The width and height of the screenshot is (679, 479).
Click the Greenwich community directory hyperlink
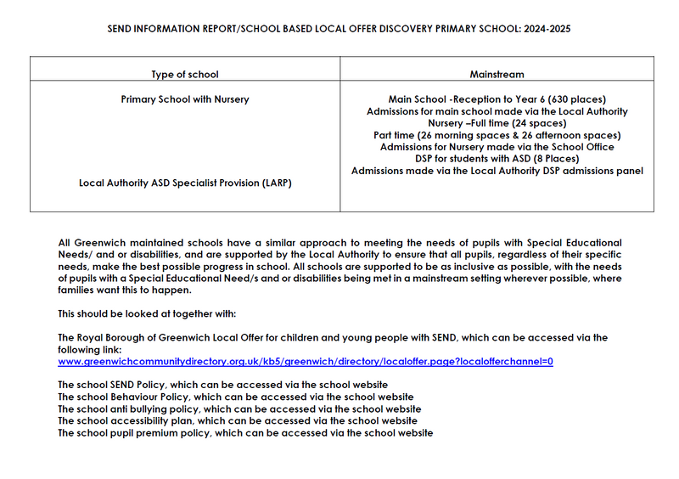306,361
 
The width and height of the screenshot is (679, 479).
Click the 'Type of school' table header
185,75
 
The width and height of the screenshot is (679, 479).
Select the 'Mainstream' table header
497,75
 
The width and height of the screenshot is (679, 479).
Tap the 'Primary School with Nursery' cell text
185,99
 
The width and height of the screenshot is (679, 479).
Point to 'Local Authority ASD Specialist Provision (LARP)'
185,183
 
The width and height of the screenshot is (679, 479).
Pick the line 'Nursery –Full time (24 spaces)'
497,123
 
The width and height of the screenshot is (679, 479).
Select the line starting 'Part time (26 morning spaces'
497,135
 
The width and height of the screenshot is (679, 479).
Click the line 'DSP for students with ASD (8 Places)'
497,159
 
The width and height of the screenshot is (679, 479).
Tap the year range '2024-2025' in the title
547,28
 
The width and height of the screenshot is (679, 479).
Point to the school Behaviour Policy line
235,397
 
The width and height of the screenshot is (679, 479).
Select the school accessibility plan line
237,420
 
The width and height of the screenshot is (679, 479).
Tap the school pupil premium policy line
244,432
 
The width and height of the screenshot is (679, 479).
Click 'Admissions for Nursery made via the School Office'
497,147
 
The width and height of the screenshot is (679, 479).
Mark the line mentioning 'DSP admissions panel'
497,171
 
